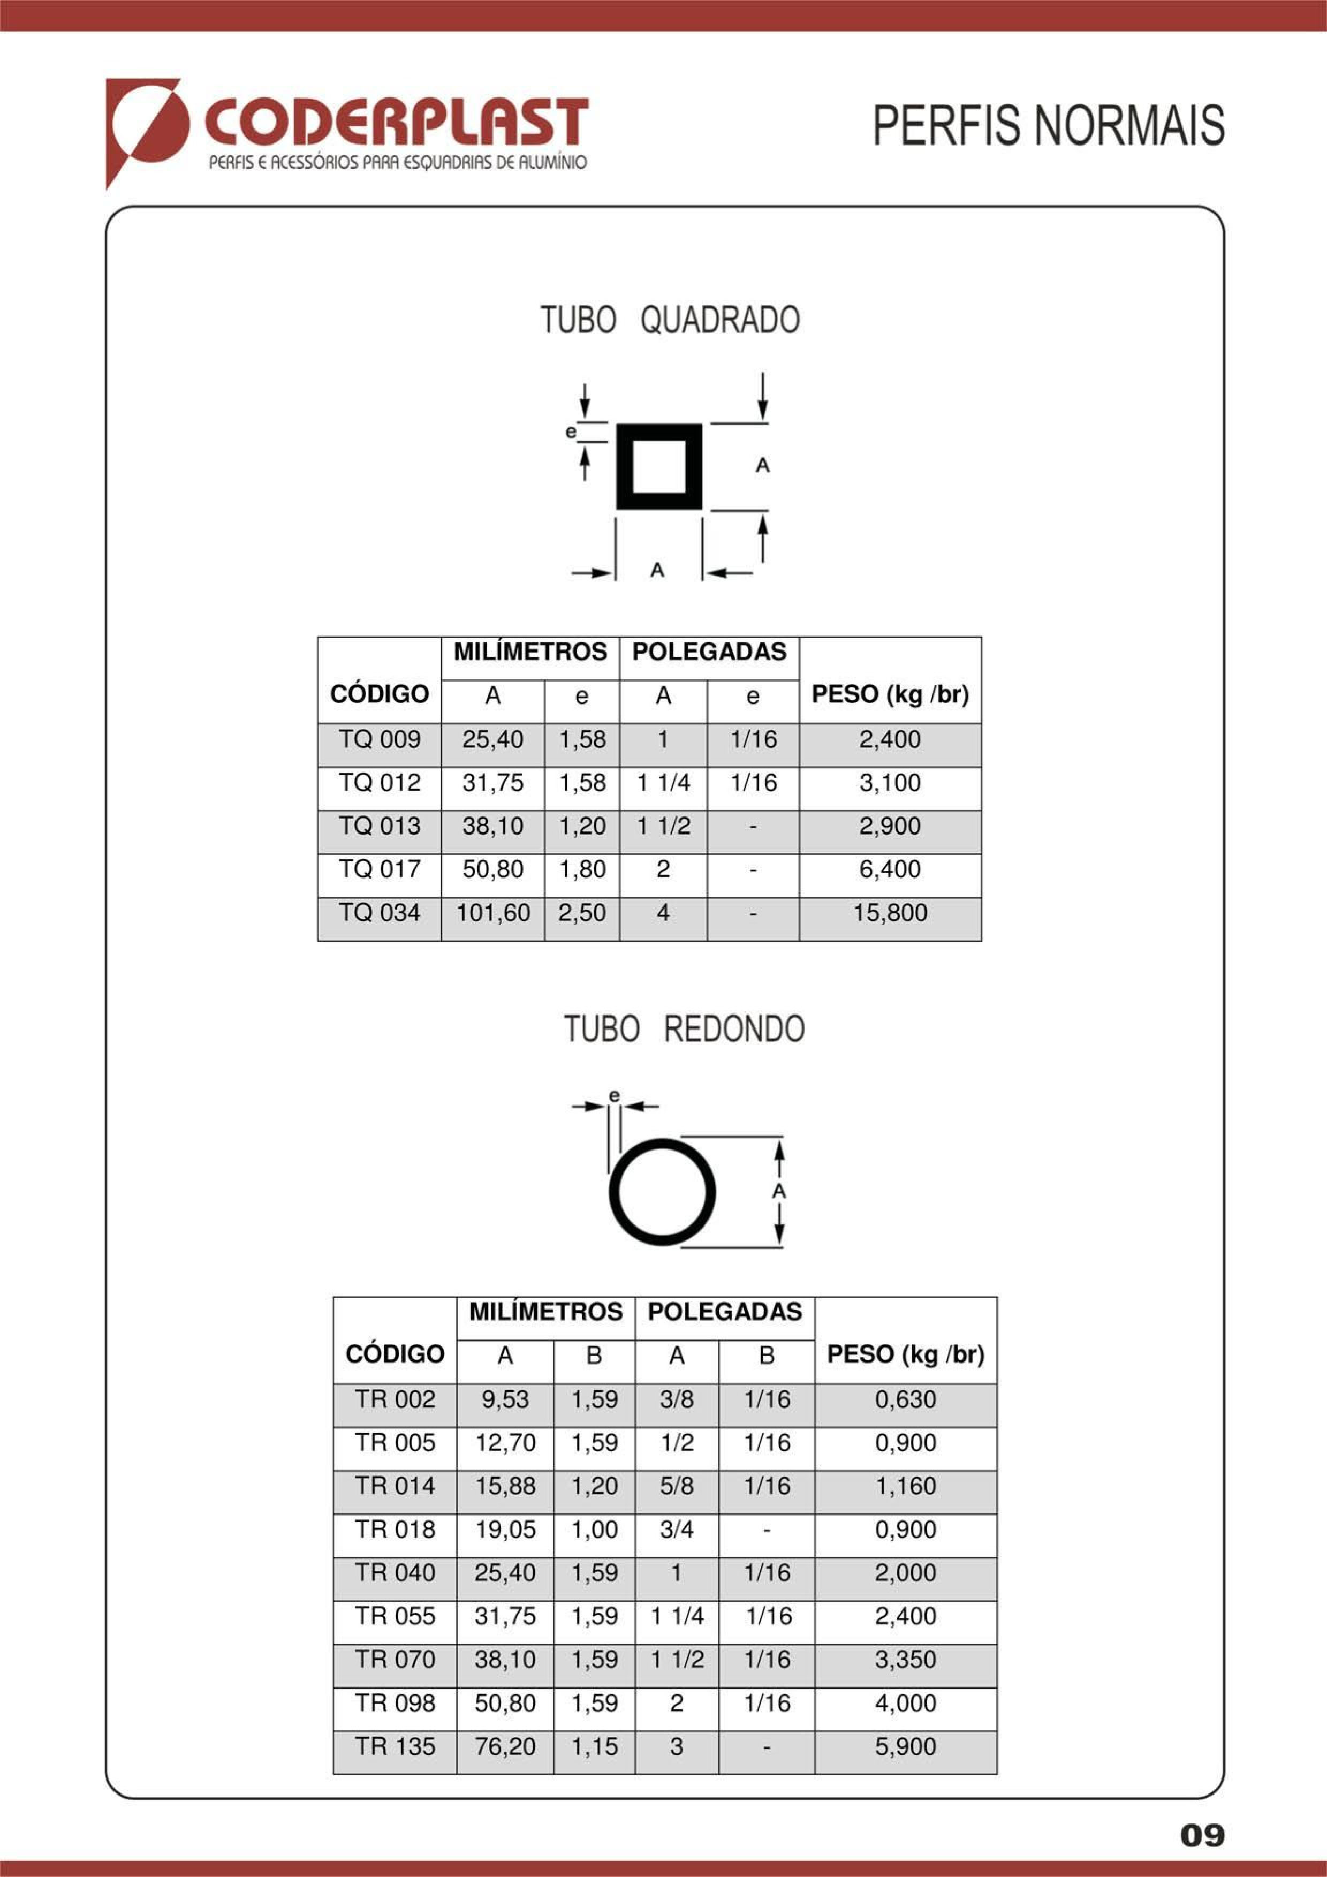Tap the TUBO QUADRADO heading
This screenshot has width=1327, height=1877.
point(670,320)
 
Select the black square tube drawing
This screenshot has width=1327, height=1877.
point(659,467)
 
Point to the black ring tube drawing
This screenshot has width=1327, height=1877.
point(662,1192)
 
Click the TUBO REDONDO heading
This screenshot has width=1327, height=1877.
point(684,1029)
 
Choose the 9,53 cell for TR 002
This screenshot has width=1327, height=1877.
point(505,1399)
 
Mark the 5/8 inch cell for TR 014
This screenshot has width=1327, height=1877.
point(677,1486)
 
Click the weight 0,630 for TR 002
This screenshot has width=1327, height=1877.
point(905,1399)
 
